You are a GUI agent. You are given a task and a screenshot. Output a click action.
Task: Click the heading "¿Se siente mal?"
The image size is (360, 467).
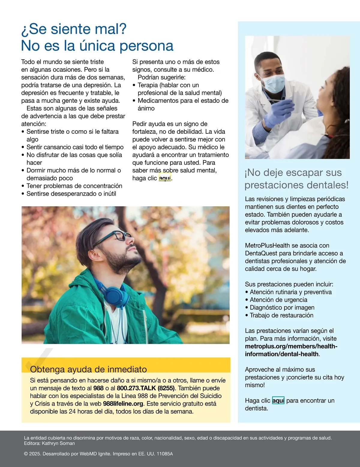(74, 29)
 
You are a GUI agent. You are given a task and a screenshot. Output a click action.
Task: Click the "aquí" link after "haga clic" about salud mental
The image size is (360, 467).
(165, 178)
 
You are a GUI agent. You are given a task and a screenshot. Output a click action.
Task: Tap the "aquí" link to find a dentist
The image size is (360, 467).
(278, 401)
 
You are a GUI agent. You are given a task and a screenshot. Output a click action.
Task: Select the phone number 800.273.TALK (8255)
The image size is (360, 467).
(145, 388)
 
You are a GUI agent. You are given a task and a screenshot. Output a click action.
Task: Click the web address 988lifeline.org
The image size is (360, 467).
(123, 404)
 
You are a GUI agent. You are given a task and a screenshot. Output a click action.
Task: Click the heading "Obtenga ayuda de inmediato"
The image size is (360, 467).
(88, 369)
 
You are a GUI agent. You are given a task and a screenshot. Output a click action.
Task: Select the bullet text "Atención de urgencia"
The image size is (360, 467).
(278, 300)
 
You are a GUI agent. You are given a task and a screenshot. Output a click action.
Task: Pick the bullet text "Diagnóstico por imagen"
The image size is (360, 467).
(282, 308)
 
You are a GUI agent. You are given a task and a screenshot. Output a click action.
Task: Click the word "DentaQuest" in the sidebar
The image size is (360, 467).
(261, 253)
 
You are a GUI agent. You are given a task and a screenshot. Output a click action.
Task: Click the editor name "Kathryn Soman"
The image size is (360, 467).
(58, 443)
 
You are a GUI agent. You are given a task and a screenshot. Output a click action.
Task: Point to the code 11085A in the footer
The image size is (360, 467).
(165, 454)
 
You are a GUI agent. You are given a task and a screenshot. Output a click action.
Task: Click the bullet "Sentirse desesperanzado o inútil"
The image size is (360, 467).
(71, 194)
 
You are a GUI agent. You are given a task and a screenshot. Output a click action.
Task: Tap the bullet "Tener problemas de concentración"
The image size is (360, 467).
(74, 186)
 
